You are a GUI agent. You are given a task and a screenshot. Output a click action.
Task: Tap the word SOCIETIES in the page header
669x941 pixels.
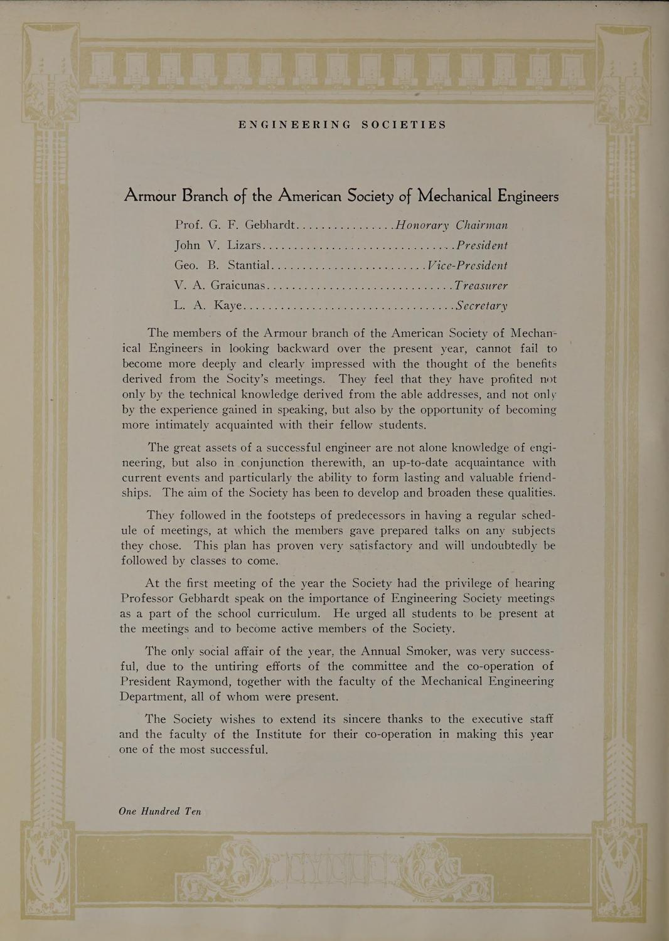pos(404,125)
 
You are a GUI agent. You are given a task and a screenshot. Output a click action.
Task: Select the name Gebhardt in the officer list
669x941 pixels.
pos(274,225)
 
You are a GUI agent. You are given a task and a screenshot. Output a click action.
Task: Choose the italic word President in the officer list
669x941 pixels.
pos(482,245)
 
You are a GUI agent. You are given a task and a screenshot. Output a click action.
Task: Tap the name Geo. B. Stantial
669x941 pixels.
pos(222,265)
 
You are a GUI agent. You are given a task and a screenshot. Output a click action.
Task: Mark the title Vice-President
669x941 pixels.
pos(467,265)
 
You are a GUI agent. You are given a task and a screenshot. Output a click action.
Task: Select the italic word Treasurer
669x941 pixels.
pos(481,285)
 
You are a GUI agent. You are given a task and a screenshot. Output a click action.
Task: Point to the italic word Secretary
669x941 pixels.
pos(481,307)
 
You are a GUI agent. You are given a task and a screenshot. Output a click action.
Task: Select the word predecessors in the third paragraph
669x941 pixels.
pos(372,516)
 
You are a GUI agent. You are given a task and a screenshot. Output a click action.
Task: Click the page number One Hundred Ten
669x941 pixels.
pos(160,811)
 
